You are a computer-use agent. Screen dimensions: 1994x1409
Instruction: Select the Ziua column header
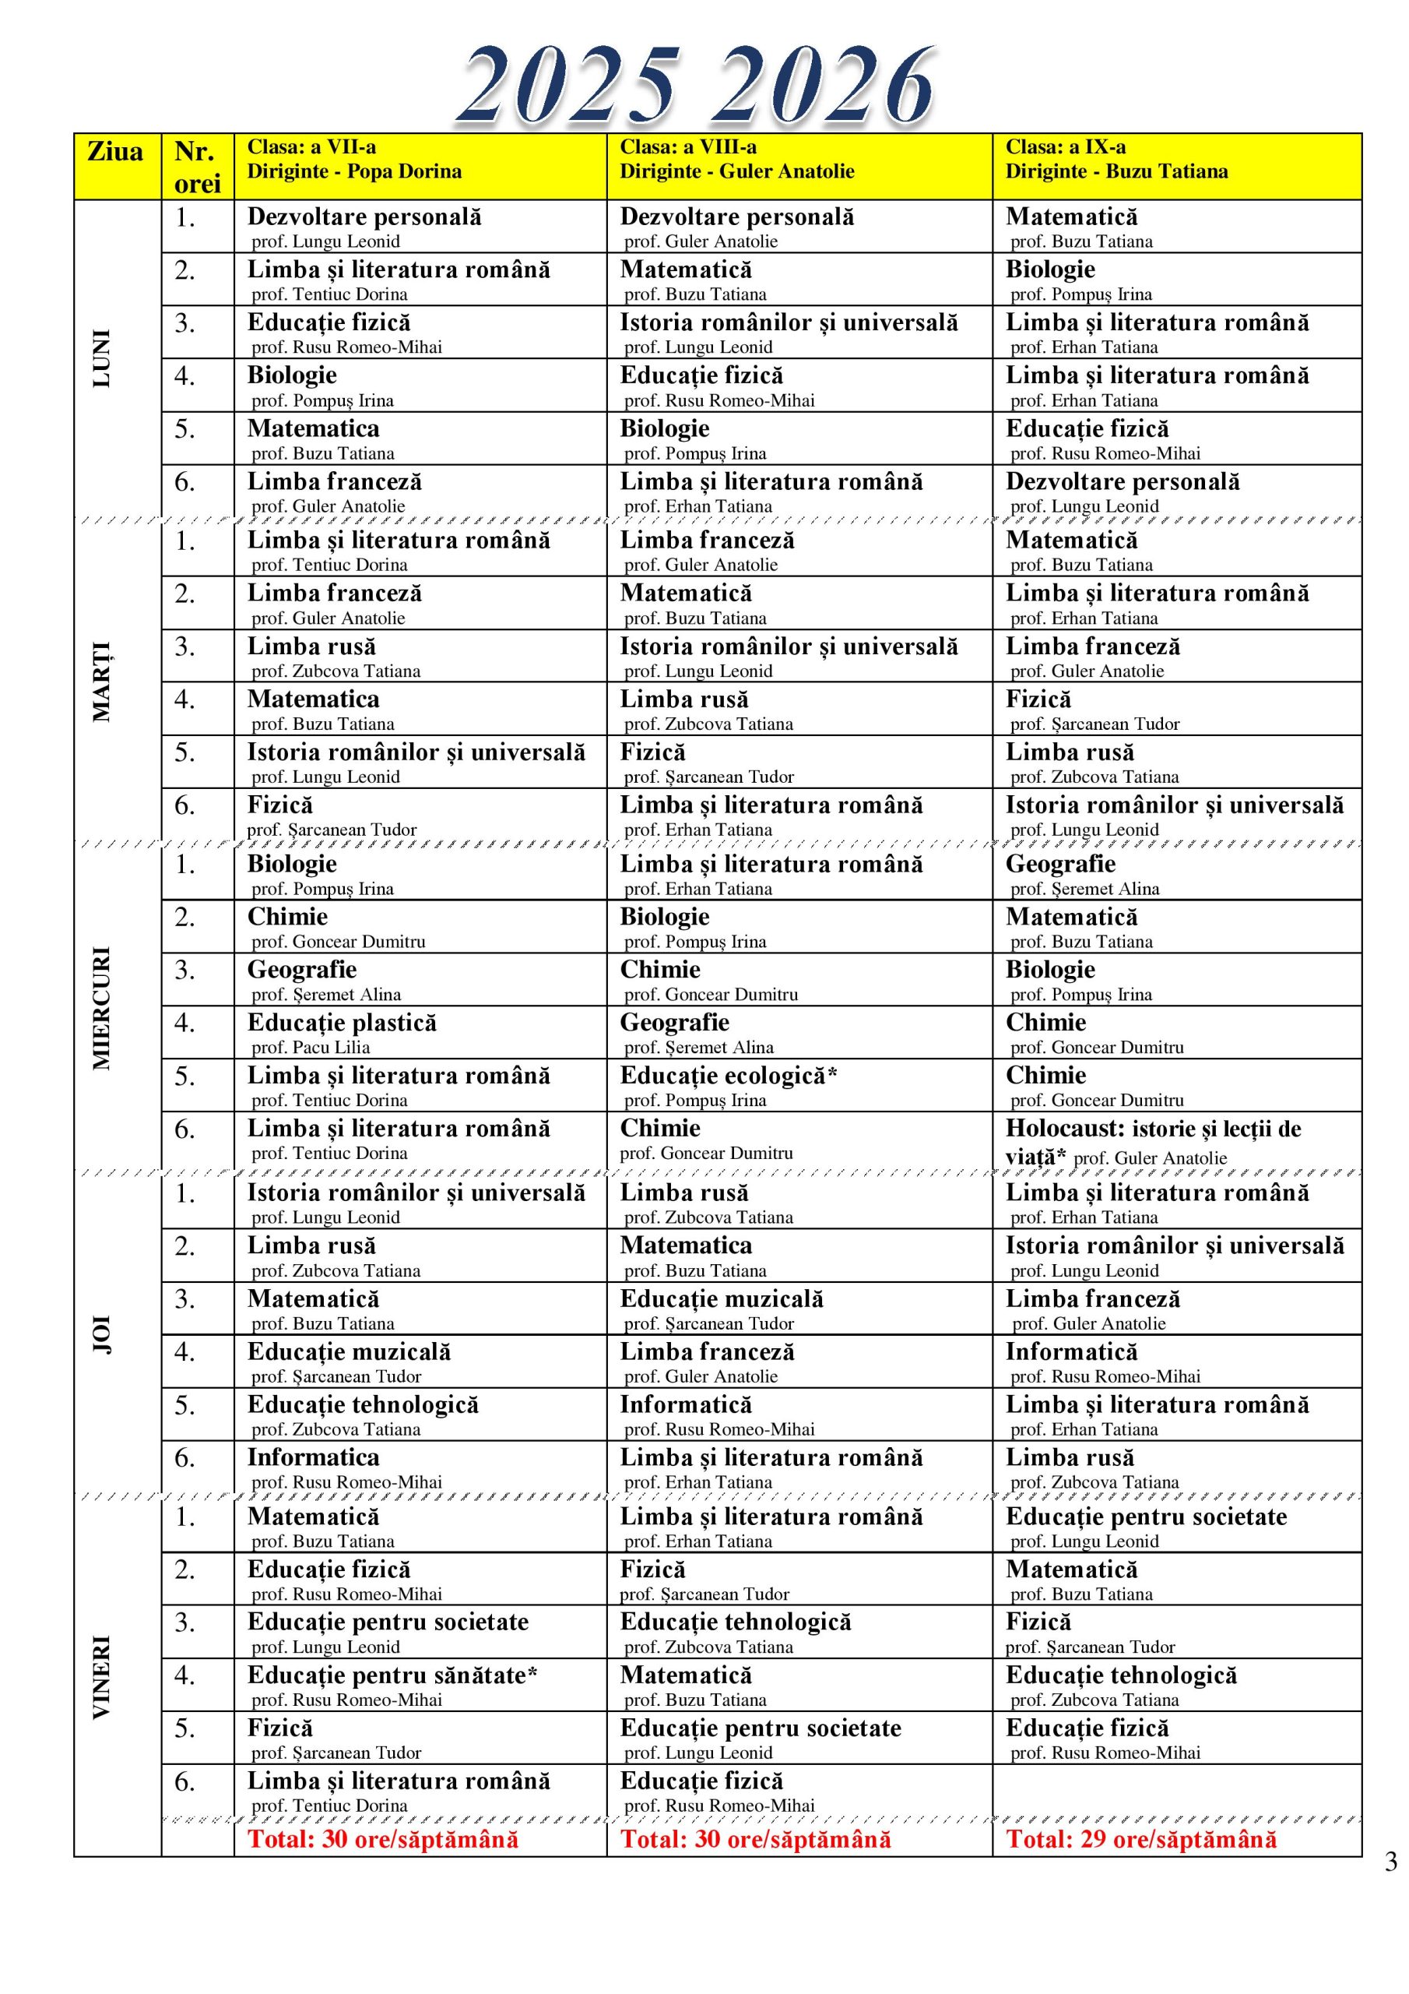pos(115,152)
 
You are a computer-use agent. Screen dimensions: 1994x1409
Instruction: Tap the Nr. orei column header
pos(197,167)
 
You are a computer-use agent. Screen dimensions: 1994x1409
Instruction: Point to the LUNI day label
pos(101,358)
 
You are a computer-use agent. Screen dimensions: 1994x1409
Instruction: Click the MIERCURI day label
pos(101,1007)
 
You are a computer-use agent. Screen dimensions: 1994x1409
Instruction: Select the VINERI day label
pos(101,1677)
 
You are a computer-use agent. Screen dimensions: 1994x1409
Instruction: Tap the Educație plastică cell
pos(342,1022)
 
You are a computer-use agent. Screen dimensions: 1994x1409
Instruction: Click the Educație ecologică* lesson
pos(728,1075)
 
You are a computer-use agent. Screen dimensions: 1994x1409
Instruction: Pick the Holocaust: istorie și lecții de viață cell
pos(1152,1141)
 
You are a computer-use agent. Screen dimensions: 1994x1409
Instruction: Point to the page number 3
pos(1391,1862)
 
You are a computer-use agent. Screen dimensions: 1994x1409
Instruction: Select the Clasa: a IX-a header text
pos(1065,146)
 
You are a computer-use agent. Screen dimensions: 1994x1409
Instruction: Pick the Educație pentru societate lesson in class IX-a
pos(1146,1517)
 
